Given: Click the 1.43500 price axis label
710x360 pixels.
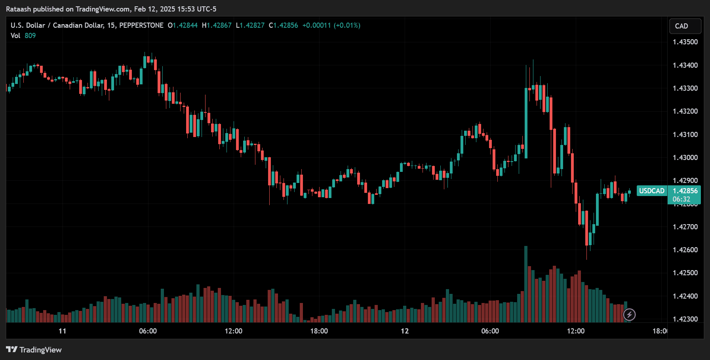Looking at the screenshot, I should pyautogui.click(x=685, y=42).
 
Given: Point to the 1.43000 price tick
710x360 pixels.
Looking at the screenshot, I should pyautogui.click(x=685, y=158).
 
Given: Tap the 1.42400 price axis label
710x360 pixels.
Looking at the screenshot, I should pyautogui.click(x=685, y=296).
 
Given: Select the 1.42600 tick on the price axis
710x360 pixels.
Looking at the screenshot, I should pyautogui.click(x=685, y=250).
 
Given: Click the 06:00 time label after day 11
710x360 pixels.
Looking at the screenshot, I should pyautogui.click(x=148, y=331).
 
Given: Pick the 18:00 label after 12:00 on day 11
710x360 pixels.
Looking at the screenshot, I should pyautogui.click(x=319, y=331).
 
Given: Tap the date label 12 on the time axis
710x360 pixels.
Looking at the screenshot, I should pyautogui.click(x=404, y=331).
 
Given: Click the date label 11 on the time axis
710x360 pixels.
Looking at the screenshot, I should pyautogui.click(x=62, y=331).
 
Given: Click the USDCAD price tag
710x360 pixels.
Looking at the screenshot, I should pyautogui.click(x=651, y=191).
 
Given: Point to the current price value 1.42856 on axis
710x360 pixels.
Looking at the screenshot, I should pyautogui.click(x=685, y=191).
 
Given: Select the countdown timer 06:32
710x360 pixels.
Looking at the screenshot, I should pyautogui.click(x=681, y=199).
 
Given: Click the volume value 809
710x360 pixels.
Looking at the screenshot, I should pyautogui.click(x=30, y=36).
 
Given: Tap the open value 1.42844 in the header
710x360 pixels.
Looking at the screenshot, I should pyautogui.click(x=185, y=25).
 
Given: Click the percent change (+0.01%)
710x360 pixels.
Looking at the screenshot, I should pyautogui.click(x=347, y=25).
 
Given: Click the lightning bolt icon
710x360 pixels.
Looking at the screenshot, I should pyautogui.click(x=629, y=315).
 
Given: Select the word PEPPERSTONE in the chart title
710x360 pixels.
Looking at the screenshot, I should pyautogui.click(x=141, y=25).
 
